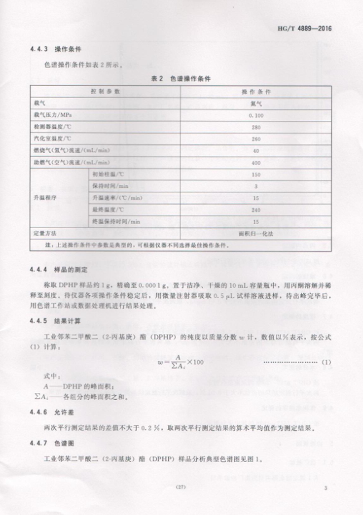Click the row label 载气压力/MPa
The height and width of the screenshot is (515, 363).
coord(54,115)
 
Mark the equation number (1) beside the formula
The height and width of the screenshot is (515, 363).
coord(326,363)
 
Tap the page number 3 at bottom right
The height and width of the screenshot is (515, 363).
coord(324,488)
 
